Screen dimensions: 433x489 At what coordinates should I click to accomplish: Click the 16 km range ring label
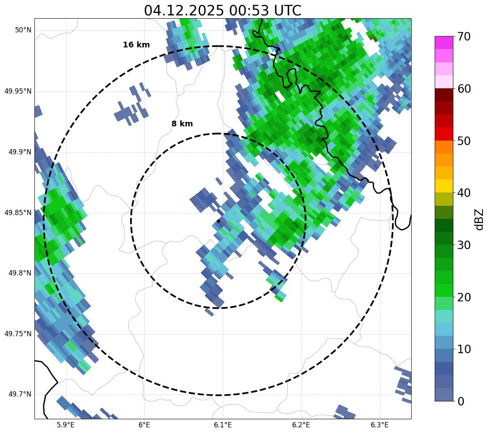[136, 45]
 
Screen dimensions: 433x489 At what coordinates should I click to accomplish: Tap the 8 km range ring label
[182, 124]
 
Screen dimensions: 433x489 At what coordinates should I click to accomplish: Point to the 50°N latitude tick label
[23, 30]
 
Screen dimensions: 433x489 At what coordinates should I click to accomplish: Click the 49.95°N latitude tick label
[18, 91]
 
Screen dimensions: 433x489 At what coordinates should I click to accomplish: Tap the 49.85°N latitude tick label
[18, 213]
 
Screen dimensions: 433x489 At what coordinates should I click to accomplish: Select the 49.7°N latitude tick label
[20, 395]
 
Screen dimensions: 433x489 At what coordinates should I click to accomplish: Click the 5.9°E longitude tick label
[66, 425]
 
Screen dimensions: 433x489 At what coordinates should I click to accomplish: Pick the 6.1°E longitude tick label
[222, 425]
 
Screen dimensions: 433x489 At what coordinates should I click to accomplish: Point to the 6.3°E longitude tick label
[380, 425]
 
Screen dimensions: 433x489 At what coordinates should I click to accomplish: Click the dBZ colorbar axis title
[479, 219]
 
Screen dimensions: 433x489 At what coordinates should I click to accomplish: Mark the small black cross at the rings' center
[218, 221]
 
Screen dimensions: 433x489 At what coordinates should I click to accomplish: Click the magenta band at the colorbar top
[444, 42]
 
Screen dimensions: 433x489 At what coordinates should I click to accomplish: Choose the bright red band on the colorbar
[444, 134]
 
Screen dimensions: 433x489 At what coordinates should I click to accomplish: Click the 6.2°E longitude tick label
[301, 425]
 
